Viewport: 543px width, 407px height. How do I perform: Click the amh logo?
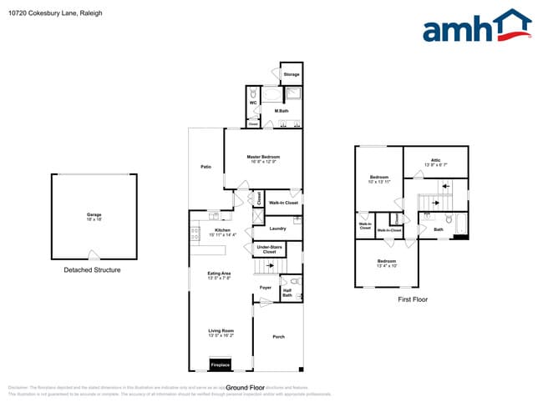pos(476,27)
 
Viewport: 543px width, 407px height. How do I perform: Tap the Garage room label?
pos(94,216)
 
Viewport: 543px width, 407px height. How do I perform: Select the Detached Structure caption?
pos(92,270)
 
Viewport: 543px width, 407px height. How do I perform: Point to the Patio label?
pos(206,168)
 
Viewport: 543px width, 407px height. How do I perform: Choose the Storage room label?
pos(291,74)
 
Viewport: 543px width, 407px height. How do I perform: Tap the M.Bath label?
pos(282,110)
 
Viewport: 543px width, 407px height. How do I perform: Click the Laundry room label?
pos(278,228)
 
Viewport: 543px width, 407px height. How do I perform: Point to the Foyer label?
pos(265,288)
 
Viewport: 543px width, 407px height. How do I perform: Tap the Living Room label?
pos(221,333)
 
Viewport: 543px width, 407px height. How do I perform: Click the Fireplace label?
pos(221,364)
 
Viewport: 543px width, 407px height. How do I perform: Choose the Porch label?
pos(279,336)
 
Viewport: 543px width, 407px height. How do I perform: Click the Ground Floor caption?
pos(246,388)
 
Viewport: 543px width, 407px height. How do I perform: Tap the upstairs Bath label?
pos(439,229)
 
